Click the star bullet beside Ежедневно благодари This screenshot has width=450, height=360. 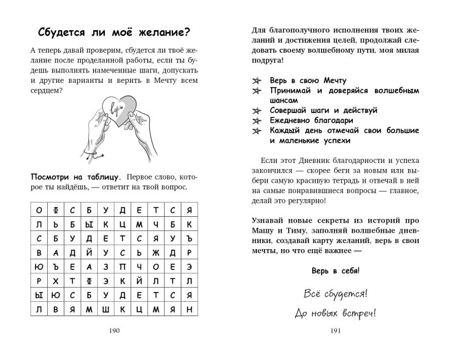pyautogui.click(x=255, y=120)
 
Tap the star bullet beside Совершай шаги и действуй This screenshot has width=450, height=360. pyautogui.click(x=255, y=110)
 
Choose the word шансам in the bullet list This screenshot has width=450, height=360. pyautogui.click(x=284, y=100)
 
